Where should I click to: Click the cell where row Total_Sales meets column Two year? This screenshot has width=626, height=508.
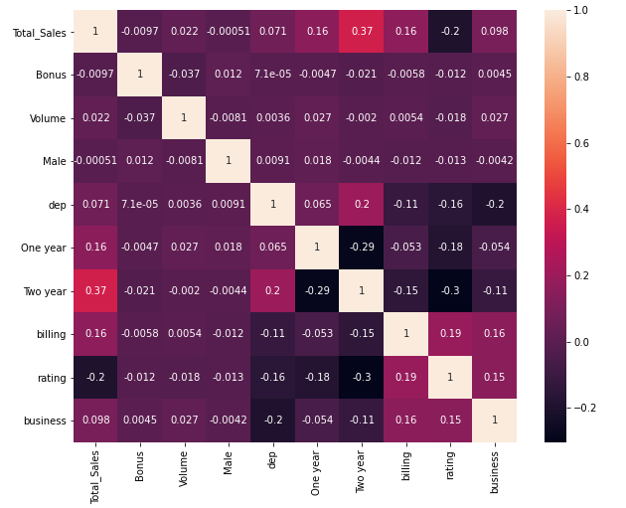[x=362, y=32]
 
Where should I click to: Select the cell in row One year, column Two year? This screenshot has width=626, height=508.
[x=362, y=248]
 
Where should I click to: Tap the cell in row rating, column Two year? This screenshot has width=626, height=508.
[x=362, y=378]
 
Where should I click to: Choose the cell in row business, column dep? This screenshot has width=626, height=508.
[x=273, y=421]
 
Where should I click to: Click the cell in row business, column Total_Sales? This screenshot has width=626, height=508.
[x=95, y=421]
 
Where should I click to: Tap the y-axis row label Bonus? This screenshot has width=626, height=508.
[x=48, y=76]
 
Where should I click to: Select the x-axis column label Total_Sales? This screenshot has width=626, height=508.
[x=96, y=475]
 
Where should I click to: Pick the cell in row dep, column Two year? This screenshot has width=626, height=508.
[x=362, y=205]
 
